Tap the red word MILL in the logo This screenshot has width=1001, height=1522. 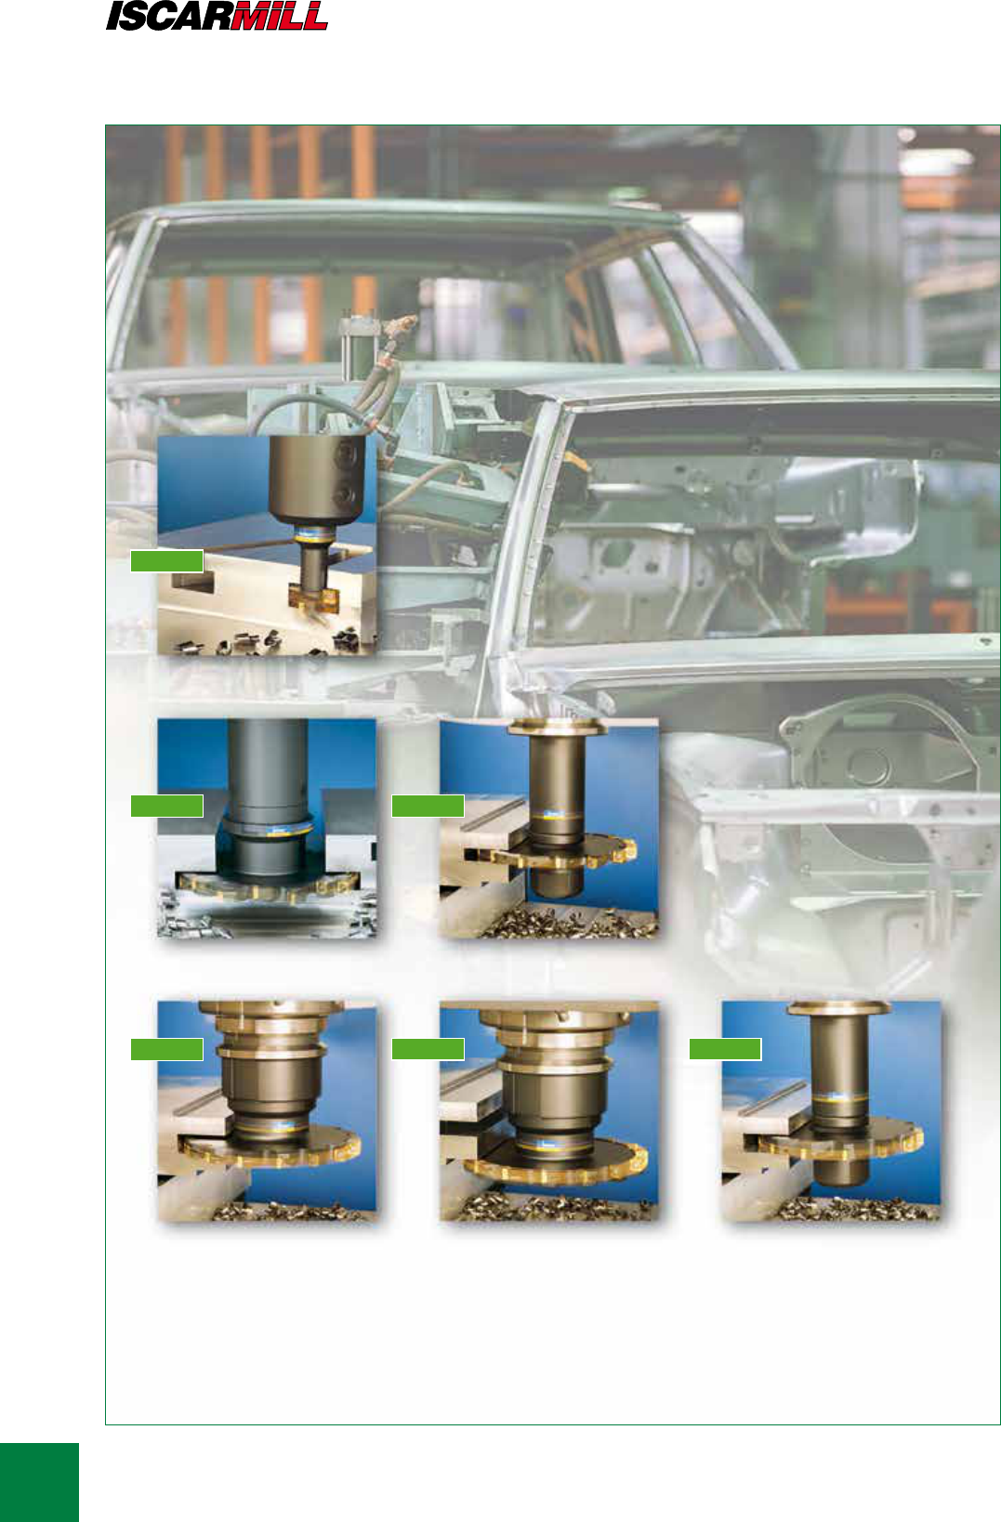[x=280, y=16]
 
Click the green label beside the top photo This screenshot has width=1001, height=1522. [x=166, y=560]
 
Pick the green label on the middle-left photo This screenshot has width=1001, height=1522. [x=166, y=806]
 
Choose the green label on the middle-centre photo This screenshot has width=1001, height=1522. [x=428, y=806]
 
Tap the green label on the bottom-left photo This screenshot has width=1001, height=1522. [x=166, y=1049]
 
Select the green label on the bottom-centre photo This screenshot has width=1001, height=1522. [x=428, y=1049]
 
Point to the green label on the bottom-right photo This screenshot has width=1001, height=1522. [x=725, y=1049]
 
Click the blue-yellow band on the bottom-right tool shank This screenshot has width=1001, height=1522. [x=838, y=1098]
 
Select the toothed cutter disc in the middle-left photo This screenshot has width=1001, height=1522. [x=267, y=886]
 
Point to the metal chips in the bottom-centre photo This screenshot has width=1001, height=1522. [x=549, y=1205]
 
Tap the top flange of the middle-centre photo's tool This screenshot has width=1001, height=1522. [x=558, y=728]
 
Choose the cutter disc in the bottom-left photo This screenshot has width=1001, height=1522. [x=270, y=1149]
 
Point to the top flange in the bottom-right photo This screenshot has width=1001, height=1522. [x=838, y=1008]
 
